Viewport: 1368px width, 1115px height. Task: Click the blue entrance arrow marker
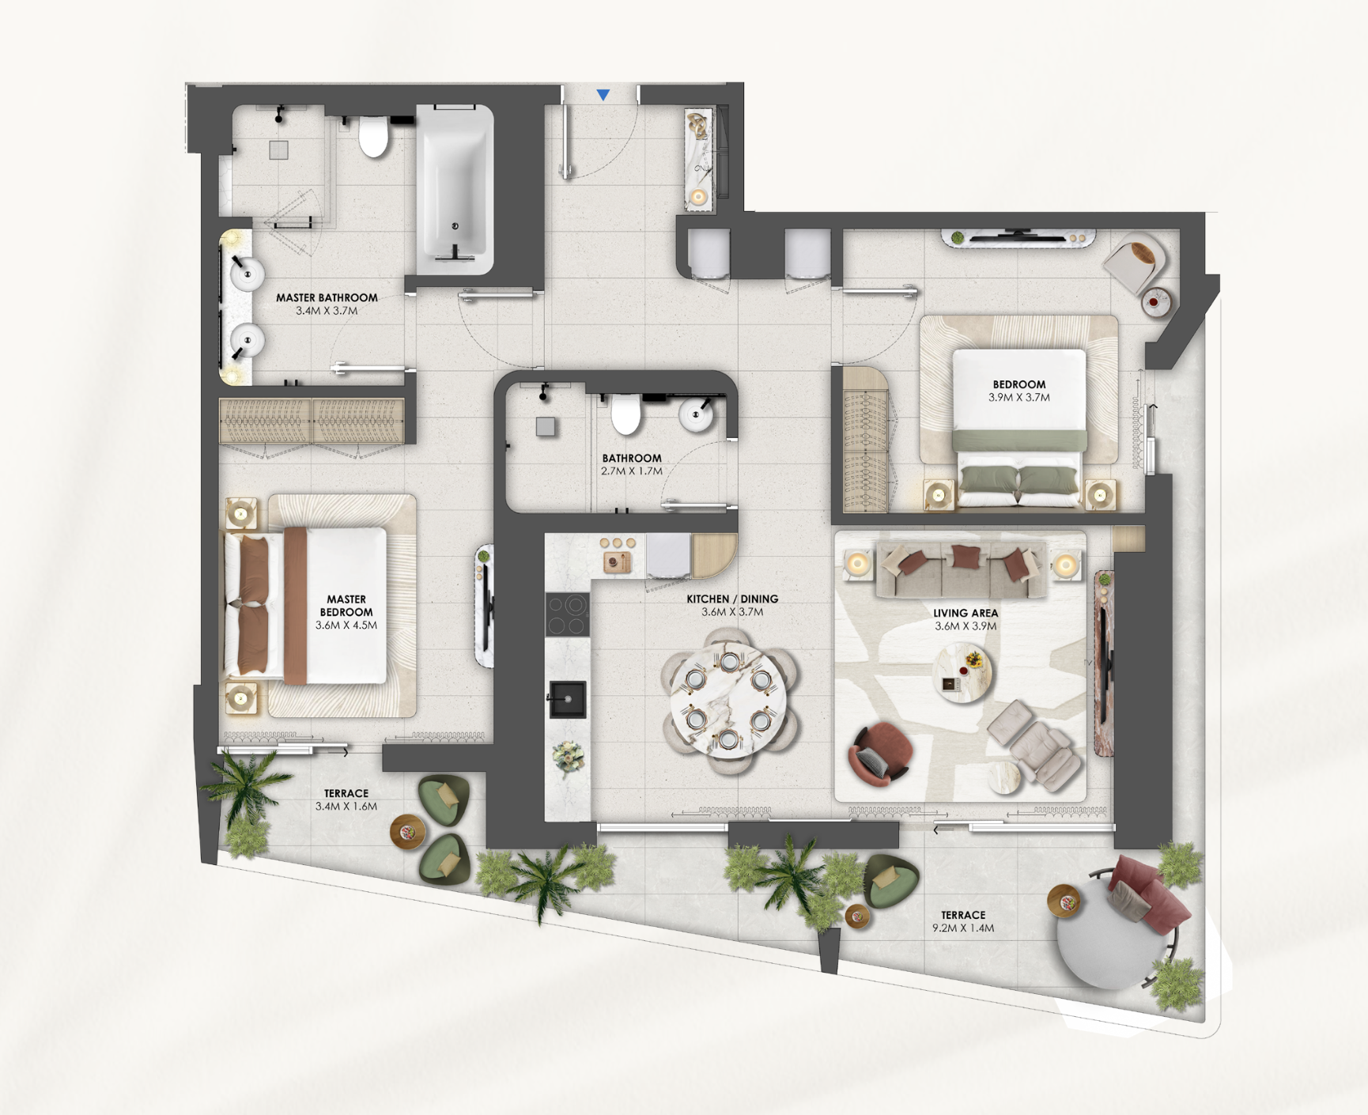[x=603, y=95]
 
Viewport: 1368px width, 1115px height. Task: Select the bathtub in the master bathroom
[x=455, y=190]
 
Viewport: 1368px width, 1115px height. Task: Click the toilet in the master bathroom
[x=373, y=136]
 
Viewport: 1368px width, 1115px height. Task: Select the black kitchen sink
[x=568, y=699]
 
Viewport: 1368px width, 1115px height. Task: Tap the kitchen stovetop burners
[x=568, y=614]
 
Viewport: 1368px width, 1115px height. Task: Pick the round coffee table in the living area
[x=962, y=673]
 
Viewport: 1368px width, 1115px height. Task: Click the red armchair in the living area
[x=880, y=754]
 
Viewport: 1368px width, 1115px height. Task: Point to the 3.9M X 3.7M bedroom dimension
[x=1019, y=398]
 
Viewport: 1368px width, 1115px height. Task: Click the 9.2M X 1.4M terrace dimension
[x=963, y=928]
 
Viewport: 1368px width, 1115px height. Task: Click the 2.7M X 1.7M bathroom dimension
[x=632, y=471]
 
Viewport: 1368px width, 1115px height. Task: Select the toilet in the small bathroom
[x=625, y=414]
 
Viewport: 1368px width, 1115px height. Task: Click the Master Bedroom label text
[x=346, y=606]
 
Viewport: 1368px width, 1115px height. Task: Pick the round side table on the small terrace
[x=408, y=832]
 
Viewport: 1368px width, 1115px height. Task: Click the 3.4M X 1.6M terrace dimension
[x=346, y=807]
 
